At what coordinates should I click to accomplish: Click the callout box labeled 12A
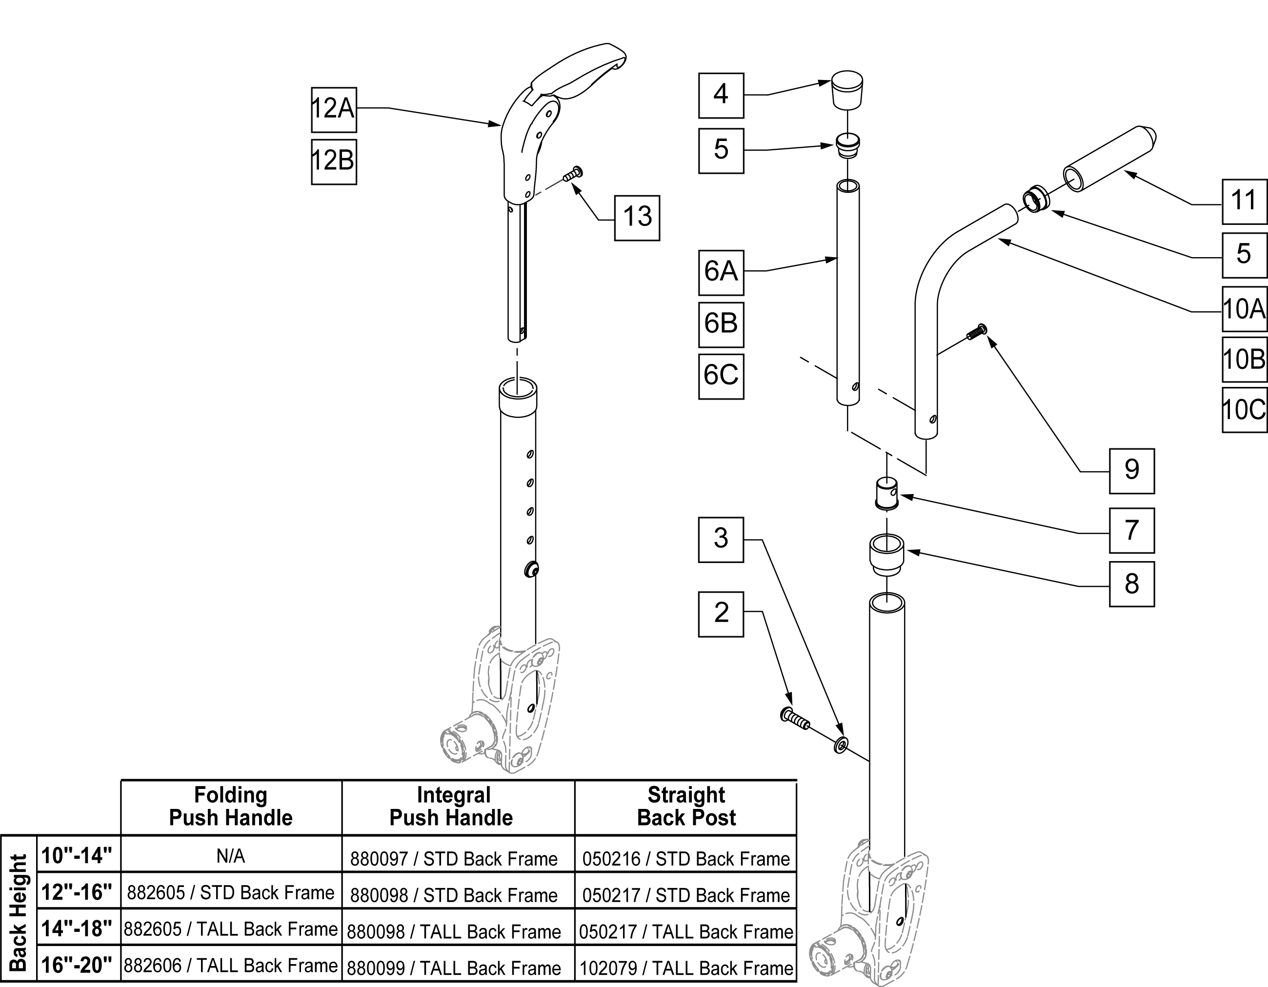[x=334, y=110]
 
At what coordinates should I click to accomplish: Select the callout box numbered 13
[x=637, y=218]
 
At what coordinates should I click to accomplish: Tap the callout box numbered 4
[x=721, y=95]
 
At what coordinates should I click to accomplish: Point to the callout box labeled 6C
[x=721, y=376]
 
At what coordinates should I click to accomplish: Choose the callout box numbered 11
[x=1244, y=201]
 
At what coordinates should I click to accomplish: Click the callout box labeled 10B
[x=1244, y=360]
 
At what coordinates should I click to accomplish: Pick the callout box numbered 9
[x=1131, y=471]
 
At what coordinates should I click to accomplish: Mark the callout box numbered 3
[x=721, y=540]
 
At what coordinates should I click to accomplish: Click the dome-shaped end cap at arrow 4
[x=847, y=89]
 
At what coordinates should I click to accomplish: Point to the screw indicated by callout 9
[x=977, y=331]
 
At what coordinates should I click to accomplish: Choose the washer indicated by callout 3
[x=840, y=745]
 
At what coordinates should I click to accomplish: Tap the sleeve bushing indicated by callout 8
[x=886, y=554]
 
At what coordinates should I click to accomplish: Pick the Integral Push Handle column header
[x=452, y=807]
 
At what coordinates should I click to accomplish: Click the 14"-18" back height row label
[x=77, y=928]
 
